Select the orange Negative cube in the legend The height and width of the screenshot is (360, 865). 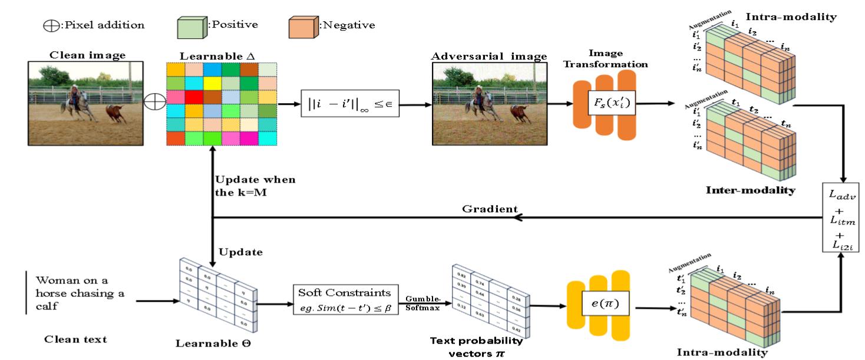point(300,26)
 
